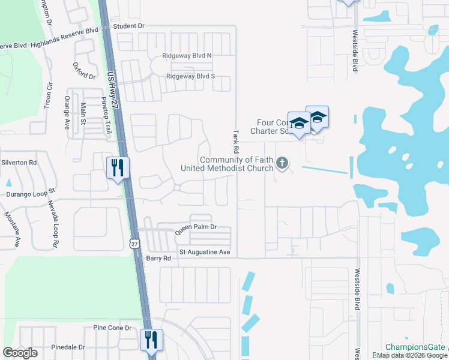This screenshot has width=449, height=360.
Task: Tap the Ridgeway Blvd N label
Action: pyautogui.click(x=187, y=56)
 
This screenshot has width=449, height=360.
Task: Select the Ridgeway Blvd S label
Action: pyautogui.click(x=190, y=77)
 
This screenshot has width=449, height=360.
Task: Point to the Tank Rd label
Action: pyautogui.click(x=236, y=142)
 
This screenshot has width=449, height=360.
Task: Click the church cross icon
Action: pyautogui.click(x=282, y=163)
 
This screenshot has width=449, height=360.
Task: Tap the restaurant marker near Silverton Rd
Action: pyautogui.click(x=118, y=167)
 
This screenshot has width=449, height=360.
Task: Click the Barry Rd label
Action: pyautogui.click(x=158, y=258)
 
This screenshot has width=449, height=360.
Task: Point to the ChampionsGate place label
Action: pyautogui.click(x=415, y=347)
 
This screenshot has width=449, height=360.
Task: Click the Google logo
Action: pyautogui.click(x=20, y=353)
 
